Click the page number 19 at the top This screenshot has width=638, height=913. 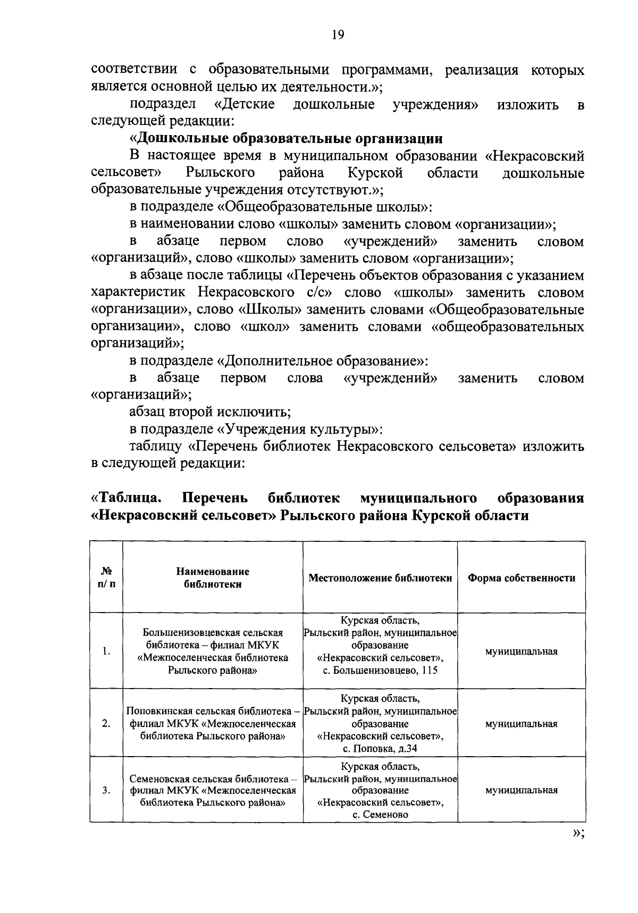point(338,35)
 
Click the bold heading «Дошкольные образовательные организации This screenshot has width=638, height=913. point(287,139)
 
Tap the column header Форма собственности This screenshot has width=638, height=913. point(521,578)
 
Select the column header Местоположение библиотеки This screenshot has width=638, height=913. point(380,578)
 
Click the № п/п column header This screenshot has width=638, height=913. point(106,578)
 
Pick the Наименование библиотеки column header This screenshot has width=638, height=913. point(213,578)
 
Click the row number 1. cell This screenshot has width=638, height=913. point(106,651)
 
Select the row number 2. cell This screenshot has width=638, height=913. point(106,724)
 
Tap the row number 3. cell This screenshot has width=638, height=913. point(106,790)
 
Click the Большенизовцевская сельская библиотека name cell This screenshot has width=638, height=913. point(213,651)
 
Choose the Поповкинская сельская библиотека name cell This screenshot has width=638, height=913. point(213,724)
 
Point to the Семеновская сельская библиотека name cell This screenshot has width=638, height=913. point(213,790)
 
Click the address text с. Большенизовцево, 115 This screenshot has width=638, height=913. point(380,671)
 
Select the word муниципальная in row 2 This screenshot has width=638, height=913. point(521,724)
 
